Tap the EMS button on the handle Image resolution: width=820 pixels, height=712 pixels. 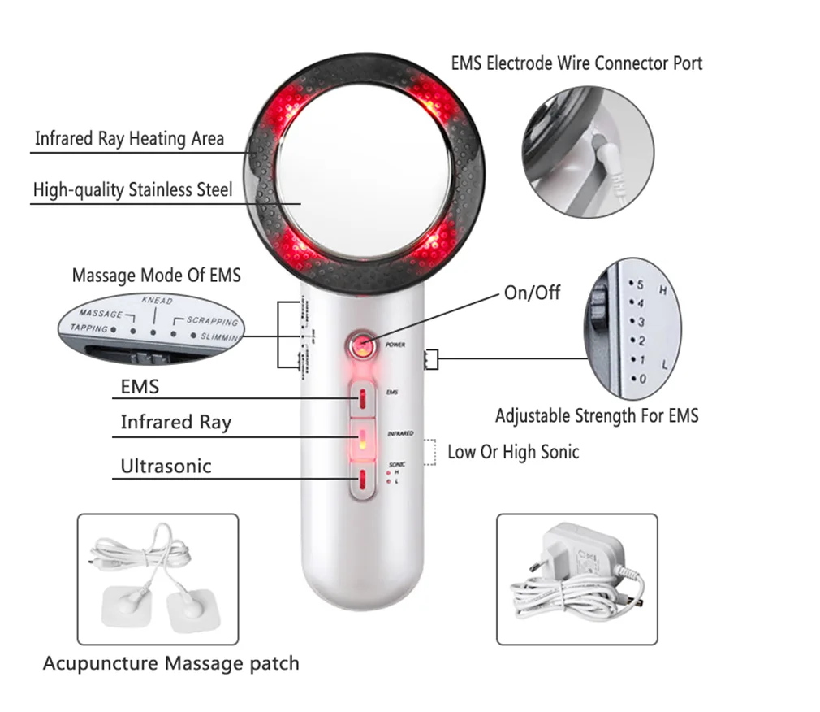[363, 398]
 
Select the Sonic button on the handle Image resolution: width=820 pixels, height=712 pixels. [363, 480]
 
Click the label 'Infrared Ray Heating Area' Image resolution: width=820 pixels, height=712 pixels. [129, 138]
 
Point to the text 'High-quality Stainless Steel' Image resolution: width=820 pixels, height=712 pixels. [132, 190]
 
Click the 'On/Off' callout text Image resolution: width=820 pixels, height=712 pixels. [532, 293]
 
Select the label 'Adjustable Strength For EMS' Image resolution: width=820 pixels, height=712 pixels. [597, 416]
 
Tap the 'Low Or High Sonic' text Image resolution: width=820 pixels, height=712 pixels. [513, 452]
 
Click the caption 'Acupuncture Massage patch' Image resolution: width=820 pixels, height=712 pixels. [170, 663]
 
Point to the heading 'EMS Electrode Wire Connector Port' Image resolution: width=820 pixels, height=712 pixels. [576, 63]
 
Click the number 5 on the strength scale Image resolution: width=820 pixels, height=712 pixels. [640, 285]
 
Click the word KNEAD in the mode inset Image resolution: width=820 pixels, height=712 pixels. [157, 301]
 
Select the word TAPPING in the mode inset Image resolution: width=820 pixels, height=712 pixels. [88, 328]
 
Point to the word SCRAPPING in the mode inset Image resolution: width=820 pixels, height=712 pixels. [213, 321]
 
